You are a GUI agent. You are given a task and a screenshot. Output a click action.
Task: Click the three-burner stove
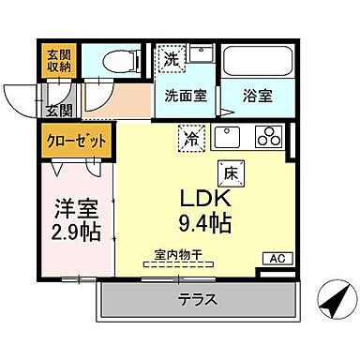pyautogui.click(x=269, y=137)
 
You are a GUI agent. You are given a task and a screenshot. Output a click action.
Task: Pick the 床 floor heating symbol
pyautogui.click(x=230, y=172)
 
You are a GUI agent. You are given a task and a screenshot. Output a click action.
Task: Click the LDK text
pyautogui.click(x=206, y=200)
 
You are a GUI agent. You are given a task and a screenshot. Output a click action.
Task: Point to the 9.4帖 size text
pyautogui.click(x=207, y=224)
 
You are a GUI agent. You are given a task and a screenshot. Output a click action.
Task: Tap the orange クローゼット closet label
pyautogui.click(x=78, y=142)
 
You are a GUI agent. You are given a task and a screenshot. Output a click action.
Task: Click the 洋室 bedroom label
pyautogui.click(x=75, y=206)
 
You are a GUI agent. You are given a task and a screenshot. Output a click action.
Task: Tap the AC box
pyautogui.click(x=277, y=259)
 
